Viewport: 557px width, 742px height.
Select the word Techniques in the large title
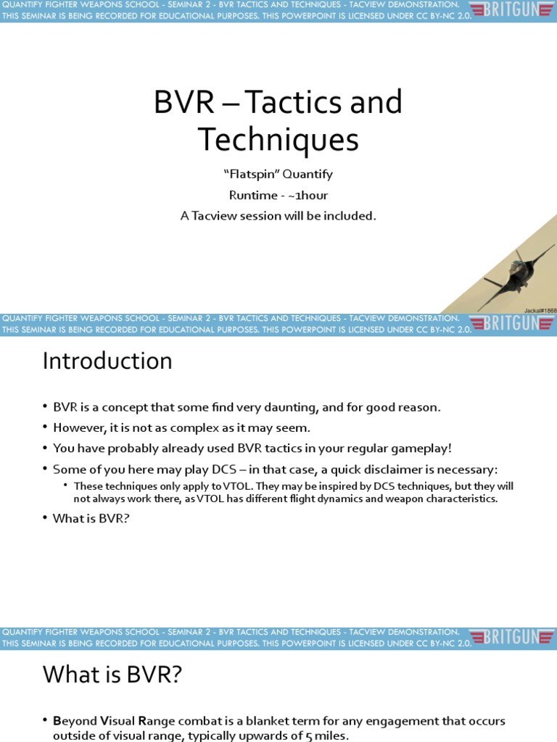pyautogui.click(x=278, y=140)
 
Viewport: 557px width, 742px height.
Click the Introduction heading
pyautogui.click(x=107, y=361)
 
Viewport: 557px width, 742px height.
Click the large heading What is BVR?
pyautogui.click(x=112, y=675)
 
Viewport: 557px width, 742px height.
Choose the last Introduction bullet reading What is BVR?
pyautogui.click(x=91, y=519)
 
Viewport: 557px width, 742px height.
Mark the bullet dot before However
pyautogui.click(x=46, y=428)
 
